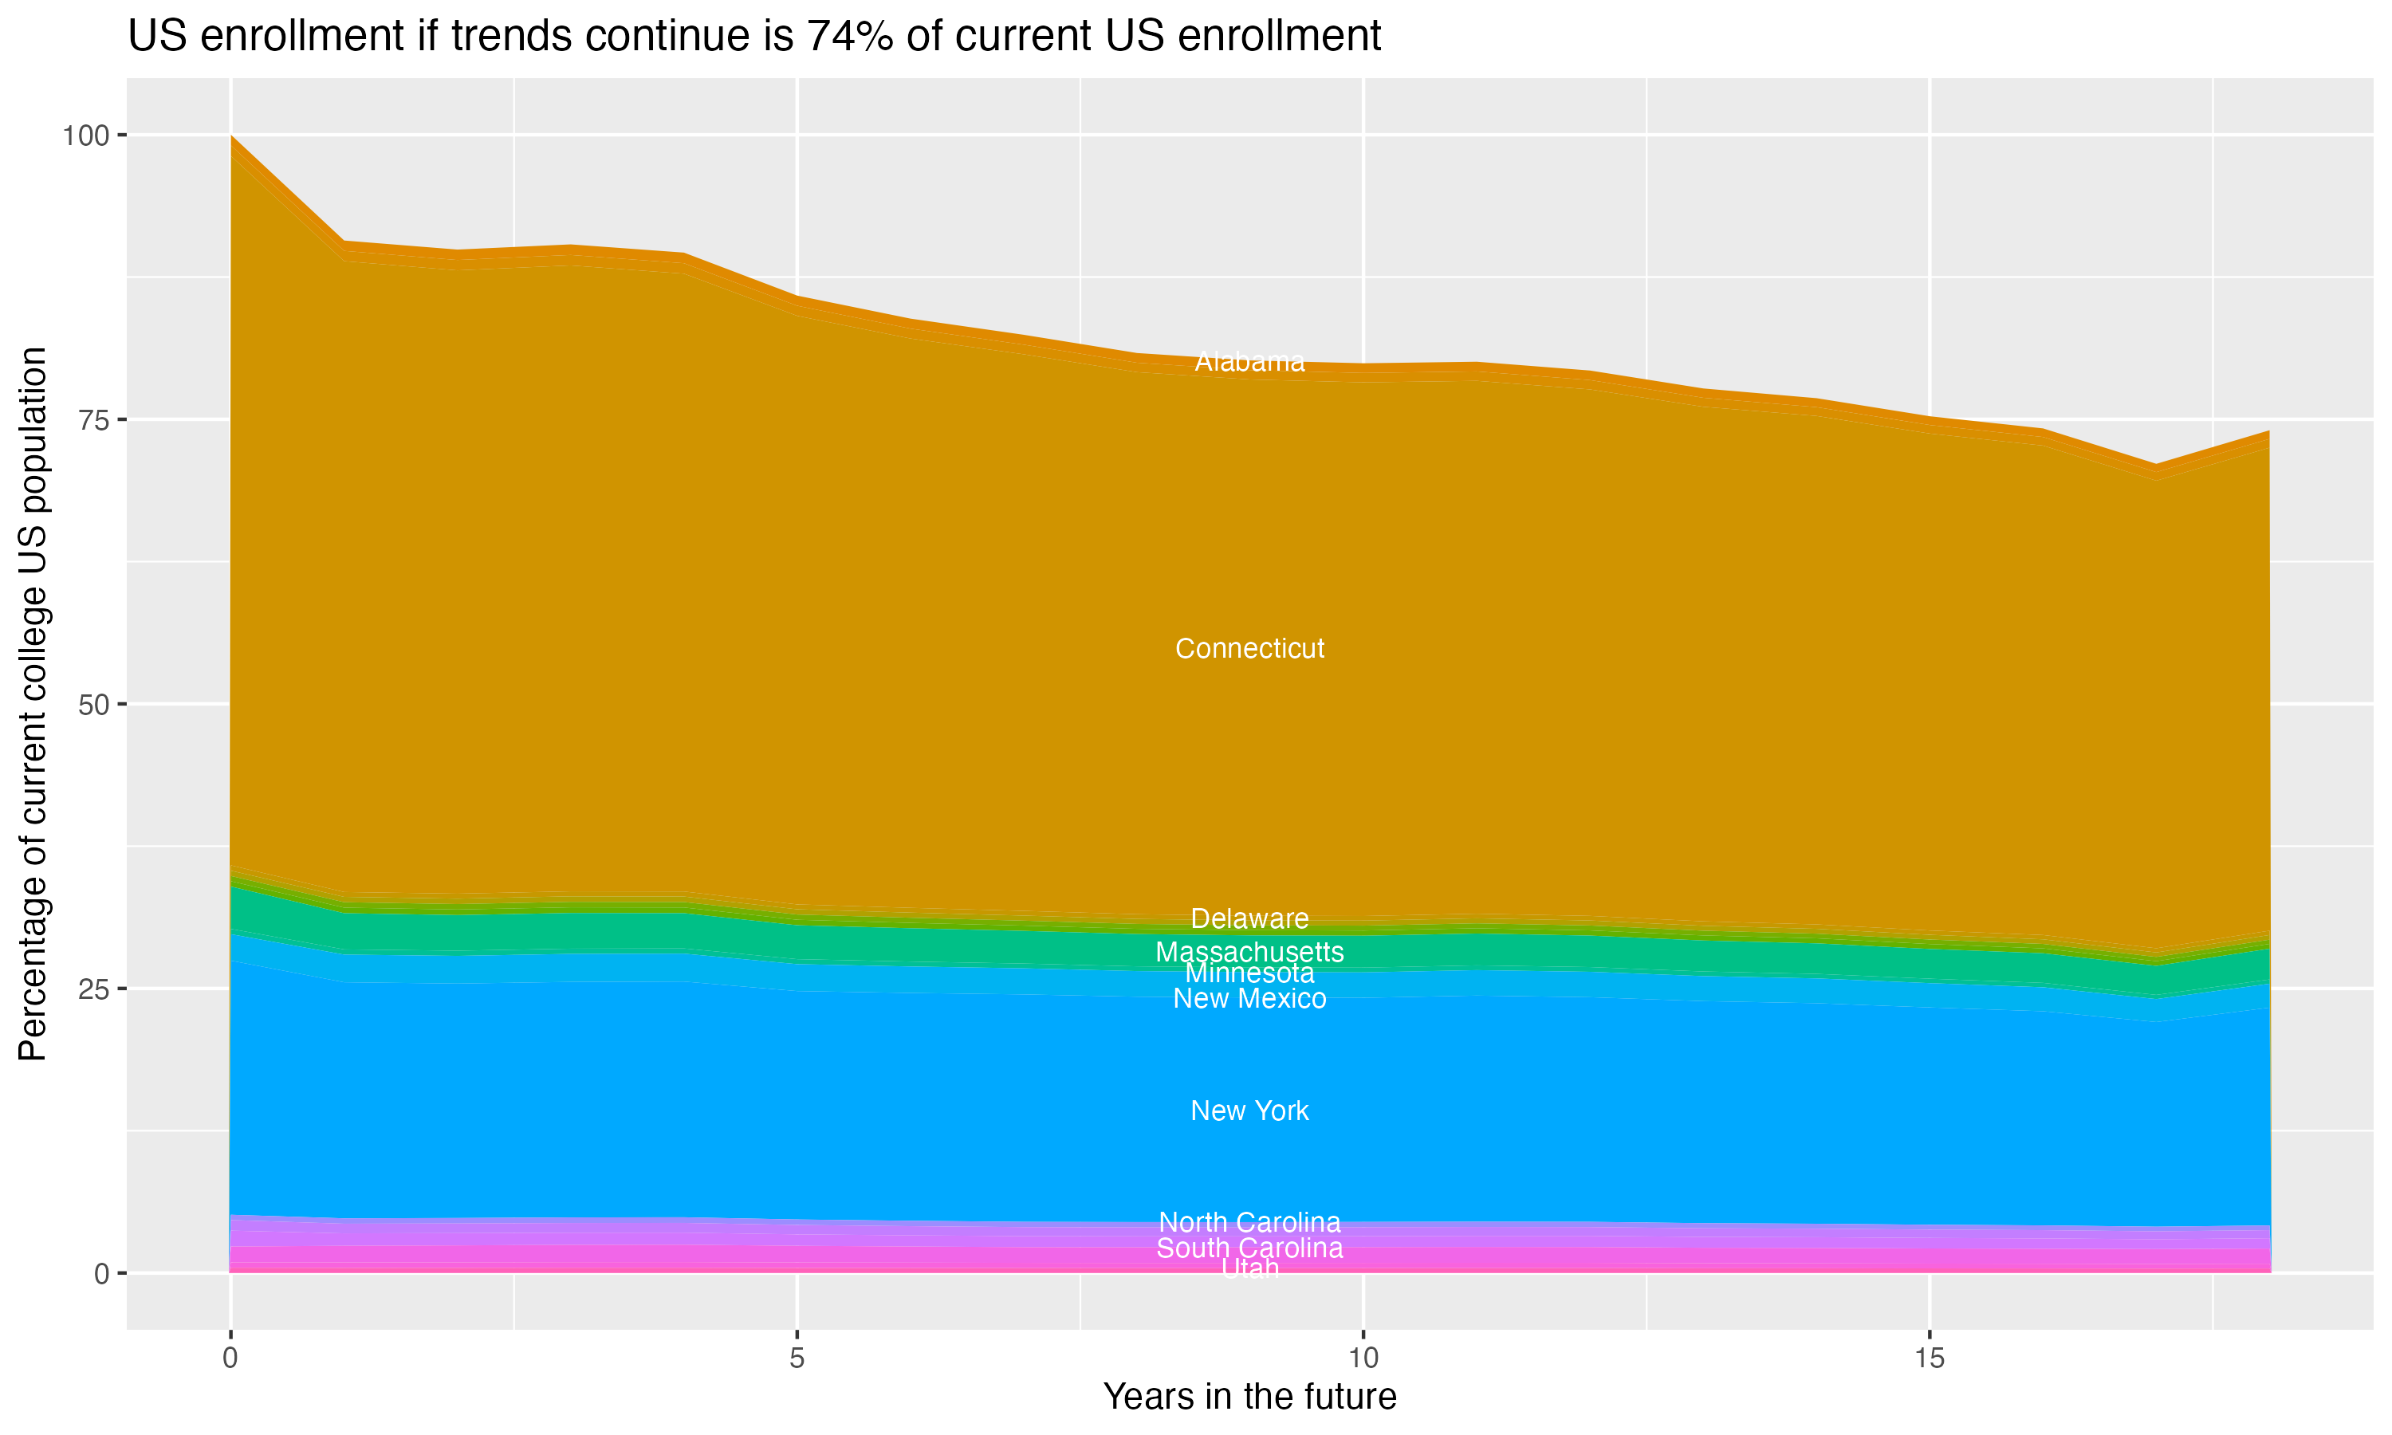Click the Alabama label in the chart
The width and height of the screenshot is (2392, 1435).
pos(1249,362)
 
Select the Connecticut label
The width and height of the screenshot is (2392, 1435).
pos(1249,649)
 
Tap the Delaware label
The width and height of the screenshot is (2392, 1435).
pos(1249,918)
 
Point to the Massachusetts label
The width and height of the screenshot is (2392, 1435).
pos(1249,952)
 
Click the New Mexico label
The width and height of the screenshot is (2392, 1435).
pos(1249,999)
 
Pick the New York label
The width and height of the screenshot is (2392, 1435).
pos(1249,1111)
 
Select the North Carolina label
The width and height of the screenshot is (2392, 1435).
pos(1249,1222)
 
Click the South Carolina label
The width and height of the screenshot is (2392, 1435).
pos(1249,1248)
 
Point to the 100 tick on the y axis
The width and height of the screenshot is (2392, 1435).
pos(85,136)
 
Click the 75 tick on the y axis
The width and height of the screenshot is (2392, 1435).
pos(94,419)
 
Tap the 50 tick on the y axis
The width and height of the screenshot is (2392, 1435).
pos(94,705)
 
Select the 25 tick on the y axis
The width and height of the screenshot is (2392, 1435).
pos(94,989)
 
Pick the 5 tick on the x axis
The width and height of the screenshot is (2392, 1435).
pos(797,1358)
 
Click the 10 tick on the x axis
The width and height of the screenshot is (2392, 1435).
pos(1363,1358)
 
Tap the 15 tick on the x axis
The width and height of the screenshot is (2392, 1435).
pos(1929,1358)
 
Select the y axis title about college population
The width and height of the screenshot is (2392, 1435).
pos(33,704)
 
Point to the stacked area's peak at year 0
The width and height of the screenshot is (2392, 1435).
pos(231,137)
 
